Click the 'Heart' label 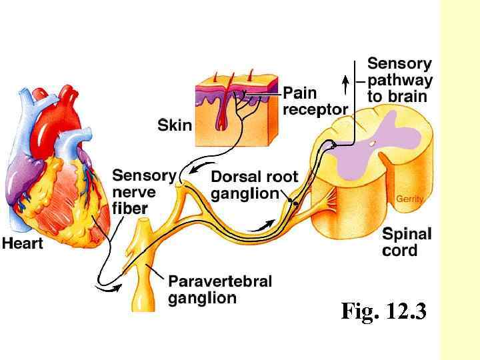click(x=22, y=243)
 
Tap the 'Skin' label click(x=175, y=125)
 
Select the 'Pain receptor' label click(x=315, y=101)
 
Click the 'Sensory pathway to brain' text click(x=399, y=79)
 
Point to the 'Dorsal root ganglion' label click(x=254, y=185)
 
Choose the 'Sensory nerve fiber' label click(x=143, y=192)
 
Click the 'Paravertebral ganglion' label click(x=219, y=289)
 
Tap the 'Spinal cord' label click(x=407, y=242)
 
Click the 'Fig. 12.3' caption click(x=383, y=311)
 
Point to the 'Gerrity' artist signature click(x=409, y=199)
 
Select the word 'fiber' click(x=130, y=208)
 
